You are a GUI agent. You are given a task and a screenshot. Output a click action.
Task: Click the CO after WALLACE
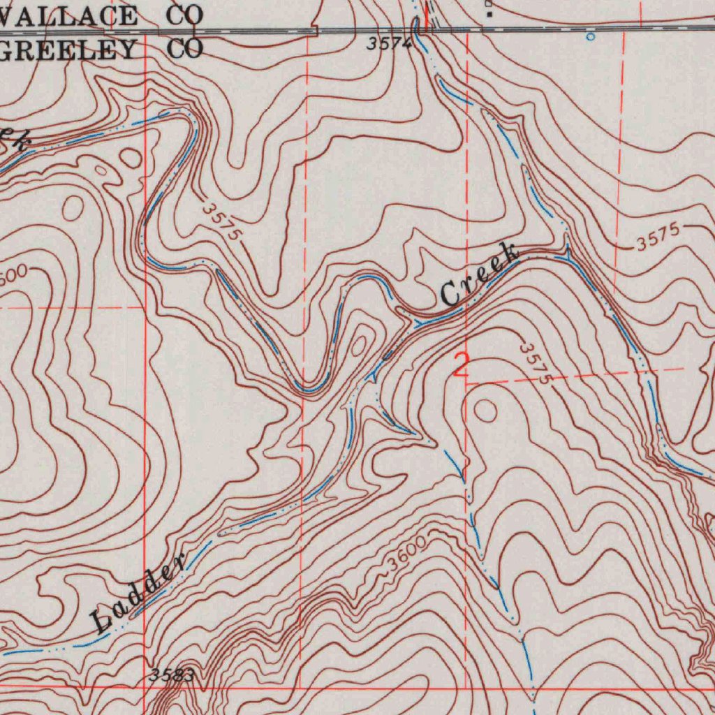[184, 15]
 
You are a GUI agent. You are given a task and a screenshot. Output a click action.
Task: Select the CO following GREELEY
[184, 50]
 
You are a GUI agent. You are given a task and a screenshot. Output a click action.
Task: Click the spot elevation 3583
[171, 675]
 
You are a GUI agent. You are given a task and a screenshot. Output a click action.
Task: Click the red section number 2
[461, 365]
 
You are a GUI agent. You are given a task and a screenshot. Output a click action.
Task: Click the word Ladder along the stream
[139, 593]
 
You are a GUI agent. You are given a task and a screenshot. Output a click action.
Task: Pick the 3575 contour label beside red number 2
[536, 362]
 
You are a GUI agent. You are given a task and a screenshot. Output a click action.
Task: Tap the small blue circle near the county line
[591, 36]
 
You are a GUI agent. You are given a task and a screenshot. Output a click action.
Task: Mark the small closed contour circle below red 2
[485, 411]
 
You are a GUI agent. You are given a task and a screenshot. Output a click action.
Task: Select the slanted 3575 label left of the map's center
[223, 222]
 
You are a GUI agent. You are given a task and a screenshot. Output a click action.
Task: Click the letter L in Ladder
[102, 621]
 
